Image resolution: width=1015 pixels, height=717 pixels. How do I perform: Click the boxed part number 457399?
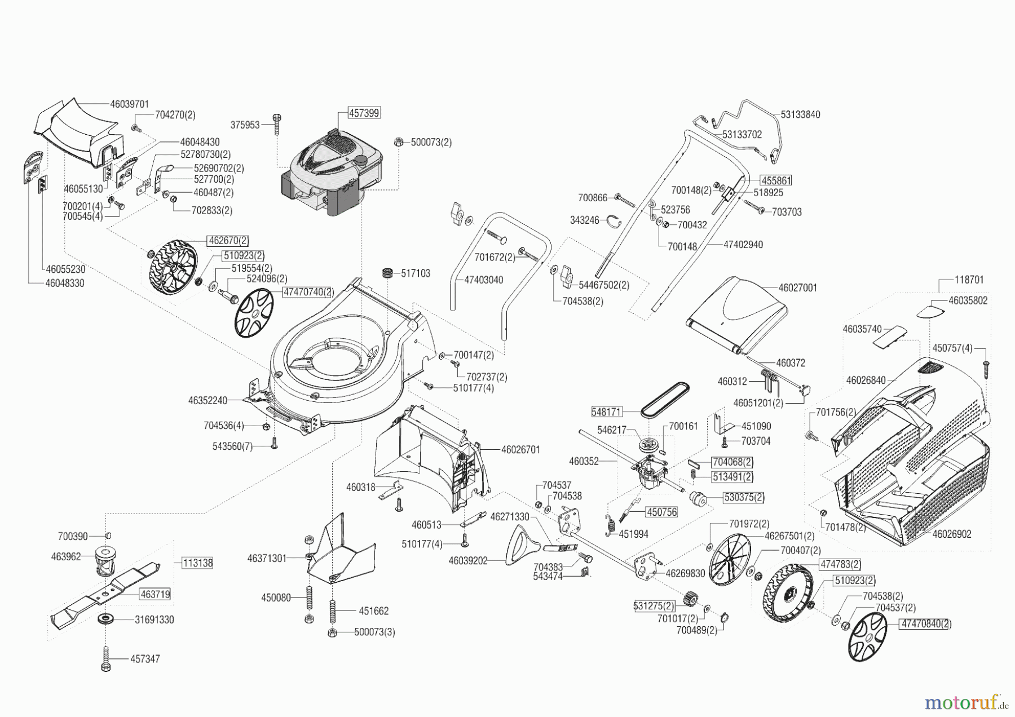[x=364, y=113]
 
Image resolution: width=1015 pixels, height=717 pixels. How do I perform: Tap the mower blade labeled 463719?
[x=104, y=592]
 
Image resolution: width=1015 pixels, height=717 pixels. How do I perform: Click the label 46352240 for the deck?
[x=208, y=401]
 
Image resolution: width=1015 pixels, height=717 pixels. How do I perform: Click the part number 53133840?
[x=800, y=114]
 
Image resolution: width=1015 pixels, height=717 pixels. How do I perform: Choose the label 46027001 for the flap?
[x=797, y=287]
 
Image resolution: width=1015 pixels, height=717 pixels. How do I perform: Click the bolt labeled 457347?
[x=106, y=658]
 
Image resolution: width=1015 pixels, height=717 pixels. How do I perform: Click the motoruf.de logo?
[x=965, y=702]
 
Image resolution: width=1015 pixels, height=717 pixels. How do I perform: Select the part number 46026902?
[x=951, y=534]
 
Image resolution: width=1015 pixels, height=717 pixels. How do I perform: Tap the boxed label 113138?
[x=197, y=563]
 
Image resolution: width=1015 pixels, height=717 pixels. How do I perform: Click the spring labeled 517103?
[x=388, y=274]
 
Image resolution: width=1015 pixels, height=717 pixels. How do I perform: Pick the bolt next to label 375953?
[x=276, y=123]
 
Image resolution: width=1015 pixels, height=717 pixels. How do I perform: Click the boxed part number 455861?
[x=776, y=180]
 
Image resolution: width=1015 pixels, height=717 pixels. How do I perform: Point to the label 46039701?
[x=129, y=104]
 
